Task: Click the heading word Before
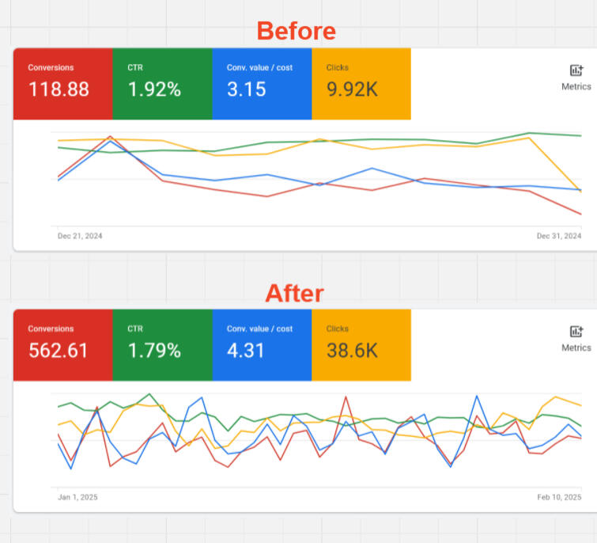[297, 31]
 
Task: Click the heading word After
[294, 293]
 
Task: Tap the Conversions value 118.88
[59, 89]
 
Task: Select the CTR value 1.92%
[154, 89]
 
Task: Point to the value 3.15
[246, 89]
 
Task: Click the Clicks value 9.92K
[352, 89]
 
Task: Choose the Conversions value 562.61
[59, 351]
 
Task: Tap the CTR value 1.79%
[154, 351]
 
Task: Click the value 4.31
[246, 351]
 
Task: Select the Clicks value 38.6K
[352, 351]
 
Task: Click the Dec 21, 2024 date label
[80, 236]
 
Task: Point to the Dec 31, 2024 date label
[558, 236]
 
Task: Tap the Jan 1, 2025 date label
[77, 497]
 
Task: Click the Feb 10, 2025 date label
[558, 497]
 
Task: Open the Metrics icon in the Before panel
[576, 71]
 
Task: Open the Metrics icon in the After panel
[576, 332]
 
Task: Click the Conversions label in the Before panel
[51, 68]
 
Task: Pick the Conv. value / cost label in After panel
[259, 329]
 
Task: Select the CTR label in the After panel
[135, 329]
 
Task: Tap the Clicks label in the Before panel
[337, 68]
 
